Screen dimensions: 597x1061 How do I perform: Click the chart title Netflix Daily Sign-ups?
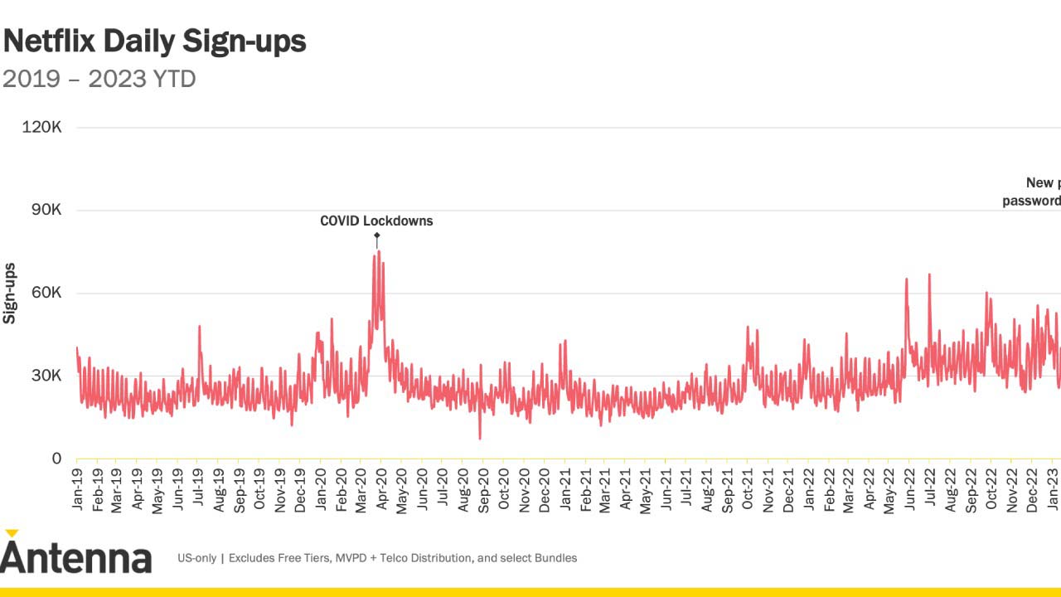[155, 41]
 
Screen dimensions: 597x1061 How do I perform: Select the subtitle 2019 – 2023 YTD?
[99, 80]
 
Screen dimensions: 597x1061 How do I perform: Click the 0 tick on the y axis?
[56, 459]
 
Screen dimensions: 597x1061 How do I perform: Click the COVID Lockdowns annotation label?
[376, 221]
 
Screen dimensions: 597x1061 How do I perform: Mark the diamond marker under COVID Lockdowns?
[376, 235]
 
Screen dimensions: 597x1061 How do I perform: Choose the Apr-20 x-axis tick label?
[381, 490]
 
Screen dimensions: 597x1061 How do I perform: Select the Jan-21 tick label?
[565, 490]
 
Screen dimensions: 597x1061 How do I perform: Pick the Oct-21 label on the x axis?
[748, 490]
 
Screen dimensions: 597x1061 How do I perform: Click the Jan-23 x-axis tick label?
[1053, 490]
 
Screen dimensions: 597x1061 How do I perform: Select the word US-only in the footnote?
[196, 558]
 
